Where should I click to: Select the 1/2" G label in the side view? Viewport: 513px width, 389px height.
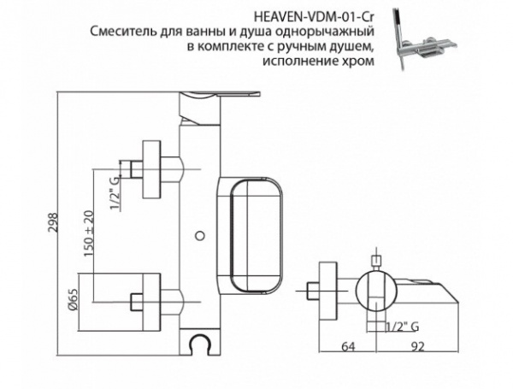402,326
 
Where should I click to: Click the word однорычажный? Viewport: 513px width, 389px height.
334,32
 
